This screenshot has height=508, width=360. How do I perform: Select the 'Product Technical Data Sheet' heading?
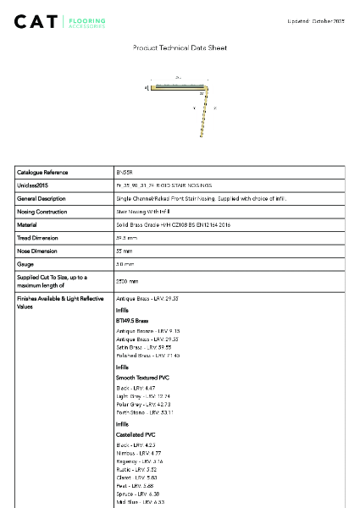pos(180,48)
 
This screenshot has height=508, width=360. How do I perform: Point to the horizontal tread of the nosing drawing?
pos(179,86)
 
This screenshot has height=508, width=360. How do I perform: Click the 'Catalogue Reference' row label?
pos(42,172)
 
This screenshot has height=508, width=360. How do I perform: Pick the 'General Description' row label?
pos(42,198)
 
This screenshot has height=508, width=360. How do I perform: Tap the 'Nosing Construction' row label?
pos(42,212)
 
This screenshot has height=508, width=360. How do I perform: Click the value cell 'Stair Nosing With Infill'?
pos(142,212)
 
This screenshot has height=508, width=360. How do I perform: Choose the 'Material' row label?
pos(27,225)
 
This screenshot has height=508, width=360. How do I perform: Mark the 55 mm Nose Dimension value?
pos(125,251)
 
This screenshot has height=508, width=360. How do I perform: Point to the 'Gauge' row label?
pos(25,265)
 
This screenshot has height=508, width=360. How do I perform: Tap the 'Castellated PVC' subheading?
pos(136,434)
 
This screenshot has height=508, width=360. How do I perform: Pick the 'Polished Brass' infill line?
pos(143,355)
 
